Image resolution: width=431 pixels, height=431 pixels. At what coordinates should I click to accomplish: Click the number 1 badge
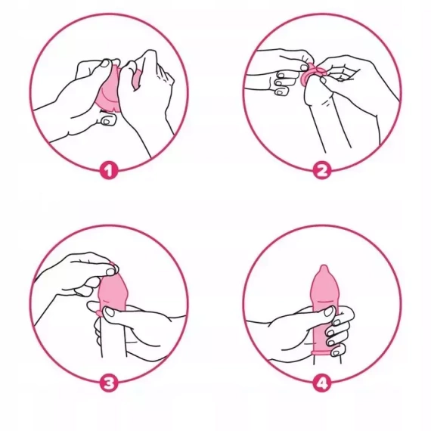(x=109, y=171)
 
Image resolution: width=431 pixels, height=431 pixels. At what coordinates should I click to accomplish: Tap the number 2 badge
(x=322, y=171)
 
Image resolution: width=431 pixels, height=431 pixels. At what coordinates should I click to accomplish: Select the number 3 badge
(x=109, y=383)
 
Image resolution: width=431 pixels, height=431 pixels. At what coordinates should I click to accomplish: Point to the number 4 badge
(x=322, y=383)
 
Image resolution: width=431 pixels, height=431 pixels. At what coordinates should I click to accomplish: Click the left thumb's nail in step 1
(x=105, y=64)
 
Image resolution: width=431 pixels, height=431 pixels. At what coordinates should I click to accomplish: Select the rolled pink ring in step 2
(x=313, y=73)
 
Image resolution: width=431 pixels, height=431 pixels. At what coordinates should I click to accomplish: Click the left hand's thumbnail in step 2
(x=305, y=67)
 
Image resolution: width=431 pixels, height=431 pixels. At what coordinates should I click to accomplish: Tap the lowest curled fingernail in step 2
(x=280, y=92)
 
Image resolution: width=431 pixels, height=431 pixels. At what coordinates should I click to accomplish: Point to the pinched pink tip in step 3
(x=113, y=266)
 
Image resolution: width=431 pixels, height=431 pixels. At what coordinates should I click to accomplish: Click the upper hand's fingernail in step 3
(x=110, y=272)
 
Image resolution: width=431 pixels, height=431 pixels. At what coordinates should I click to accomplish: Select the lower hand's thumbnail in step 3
(x=110, y=312)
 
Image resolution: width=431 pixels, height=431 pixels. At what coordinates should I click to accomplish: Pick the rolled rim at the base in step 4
(x=324, y=352)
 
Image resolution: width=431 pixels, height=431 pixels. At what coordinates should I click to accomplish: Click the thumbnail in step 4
(x=329, y=312)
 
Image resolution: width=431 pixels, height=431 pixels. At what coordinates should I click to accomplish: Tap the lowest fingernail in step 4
(x=336, y=352)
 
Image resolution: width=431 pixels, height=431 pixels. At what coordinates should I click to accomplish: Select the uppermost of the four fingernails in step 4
(x=337, y=322)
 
